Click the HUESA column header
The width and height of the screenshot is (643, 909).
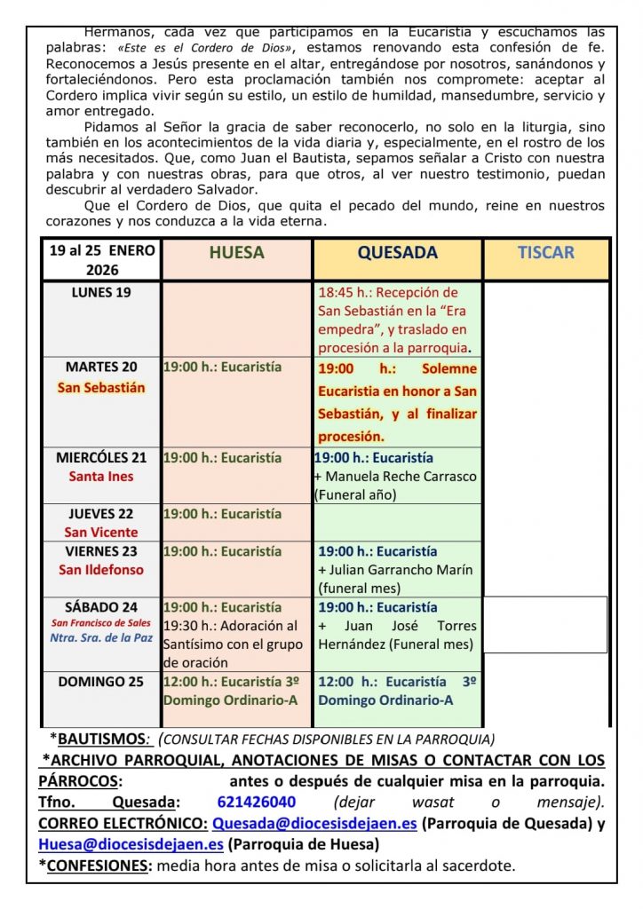236,252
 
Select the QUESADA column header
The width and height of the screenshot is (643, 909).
397,252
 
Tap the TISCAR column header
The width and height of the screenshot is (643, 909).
545,252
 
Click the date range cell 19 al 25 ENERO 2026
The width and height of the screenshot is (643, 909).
101,260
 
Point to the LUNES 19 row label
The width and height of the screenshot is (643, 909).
100,293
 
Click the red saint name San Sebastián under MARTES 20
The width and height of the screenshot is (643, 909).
101,388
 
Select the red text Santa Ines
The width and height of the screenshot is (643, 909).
101,477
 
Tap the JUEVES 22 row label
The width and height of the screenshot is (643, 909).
101,514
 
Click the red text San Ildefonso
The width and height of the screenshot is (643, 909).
101,570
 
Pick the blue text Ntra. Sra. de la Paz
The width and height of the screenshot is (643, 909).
99,638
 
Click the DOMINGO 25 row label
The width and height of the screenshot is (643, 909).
101,682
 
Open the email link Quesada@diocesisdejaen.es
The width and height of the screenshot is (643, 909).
314,823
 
